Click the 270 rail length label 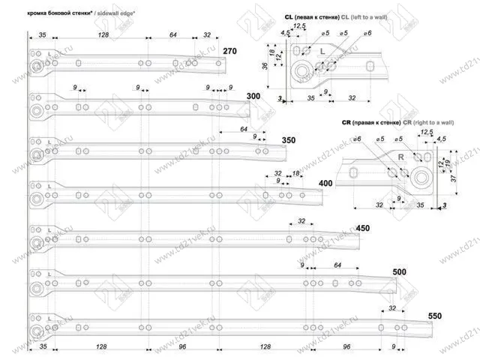pyautogui.click(x=229, y=51)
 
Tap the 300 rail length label pyautogui.click(x=253, y=97)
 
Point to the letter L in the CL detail pyautogui.click(x=322, y=50)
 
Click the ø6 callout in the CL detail pyautogui.click(x=367, y=33)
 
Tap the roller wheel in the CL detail pyautogui.click(x=301, y=72)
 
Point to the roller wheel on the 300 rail pyautogui.click(x=37, y=112)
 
